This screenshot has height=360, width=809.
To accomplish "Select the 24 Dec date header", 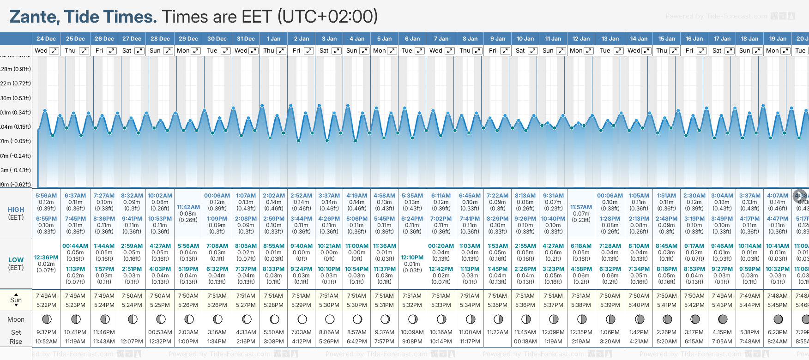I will [x=46, y=39].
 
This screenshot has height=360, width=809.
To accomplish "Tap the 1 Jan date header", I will [x=273, y=39].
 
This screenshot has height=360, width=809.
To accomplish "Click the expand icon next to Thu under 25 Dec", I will [x=84, y=51].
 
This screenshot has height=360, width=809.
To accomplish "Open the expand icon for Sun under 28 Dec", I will [x=168, y=51].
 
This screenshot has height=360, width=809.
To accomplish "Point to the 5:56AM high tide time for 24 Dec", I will [x=46, y=196].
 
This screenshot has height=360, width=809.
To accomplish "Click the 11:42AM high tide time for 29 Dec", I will [x=188, y=207].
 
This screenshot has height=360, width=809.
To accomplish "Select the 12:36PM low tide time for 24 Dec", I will [x=46, y=258].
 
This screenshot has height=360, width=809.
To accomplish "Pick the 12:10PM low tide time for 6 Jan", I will [x=412, y=258].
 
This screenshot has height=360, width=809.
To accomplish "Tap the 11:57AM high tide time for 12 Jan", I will [x=581, y=207].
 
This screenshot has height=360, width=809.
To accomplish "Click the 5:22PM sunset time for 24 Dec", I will [x=46, y=305].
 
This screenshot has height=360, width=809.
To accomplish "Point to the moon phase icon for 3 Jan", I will [x=329, y=319].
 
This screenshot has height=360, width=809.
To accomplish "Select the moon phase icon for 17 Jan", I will [x=723, y=319].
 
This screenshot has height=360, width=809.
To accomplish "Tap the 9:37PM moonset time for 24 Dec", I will [x=46, y=332].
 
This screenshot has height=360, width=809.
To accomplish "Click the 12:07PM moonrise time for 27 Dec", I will [x=132, y=342].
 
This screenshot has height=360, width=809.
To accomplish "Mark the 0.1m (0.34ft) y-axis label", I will [x=15, y=113].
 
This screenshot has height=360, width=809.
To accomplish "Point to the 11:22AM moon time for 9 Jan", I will [x=497, y=332].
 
